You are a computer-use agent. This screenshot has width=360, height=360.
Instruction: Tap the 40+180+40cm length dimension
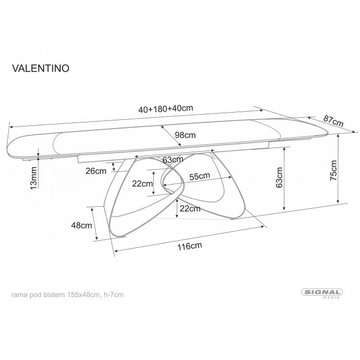point(166,109)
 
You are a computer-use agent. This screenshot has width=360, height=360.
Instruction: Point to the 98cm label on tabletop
point(185,135)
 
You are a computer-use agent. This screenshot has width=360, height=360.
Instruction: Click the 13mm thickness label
point(33,178)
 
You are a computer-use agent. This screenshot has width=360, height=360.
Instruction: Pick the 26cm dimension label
point(97,171)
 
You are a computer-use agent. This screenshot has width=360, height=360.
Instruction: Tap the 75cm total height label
point(333,170)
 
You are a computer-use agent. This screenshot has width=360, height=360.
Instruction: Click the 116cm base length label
point(188,246)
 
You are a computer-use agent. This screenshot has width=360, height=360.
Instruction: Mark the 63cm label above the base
point(172,160)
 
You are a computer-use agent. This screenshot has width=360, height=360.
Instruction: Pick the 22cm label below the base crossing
point(189,209)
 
